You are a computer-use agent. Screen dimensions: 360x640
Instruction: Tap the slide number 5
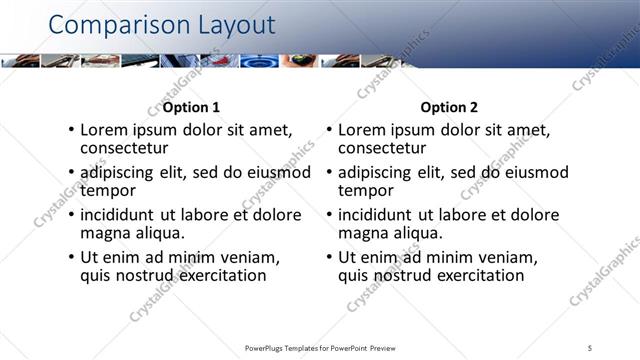coord(590,348)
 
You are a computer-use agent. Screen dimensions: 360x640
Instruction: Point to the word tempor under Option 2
coord(365,190)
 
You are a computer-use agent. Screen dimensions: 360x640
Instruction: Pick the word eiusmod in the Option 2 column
coord(534,172)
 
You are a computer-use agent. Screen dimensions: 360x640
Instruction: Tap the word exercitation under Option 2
coord(478,275)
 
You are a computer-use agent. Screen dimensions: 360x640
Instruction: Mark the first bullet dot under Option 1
coord(70,131)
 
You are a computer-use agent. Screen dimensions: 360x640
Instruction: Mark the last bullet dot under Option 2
coord(329,258)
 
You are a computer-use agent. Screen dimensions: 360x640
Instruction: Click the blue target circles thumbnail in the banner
coord(259,60)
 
